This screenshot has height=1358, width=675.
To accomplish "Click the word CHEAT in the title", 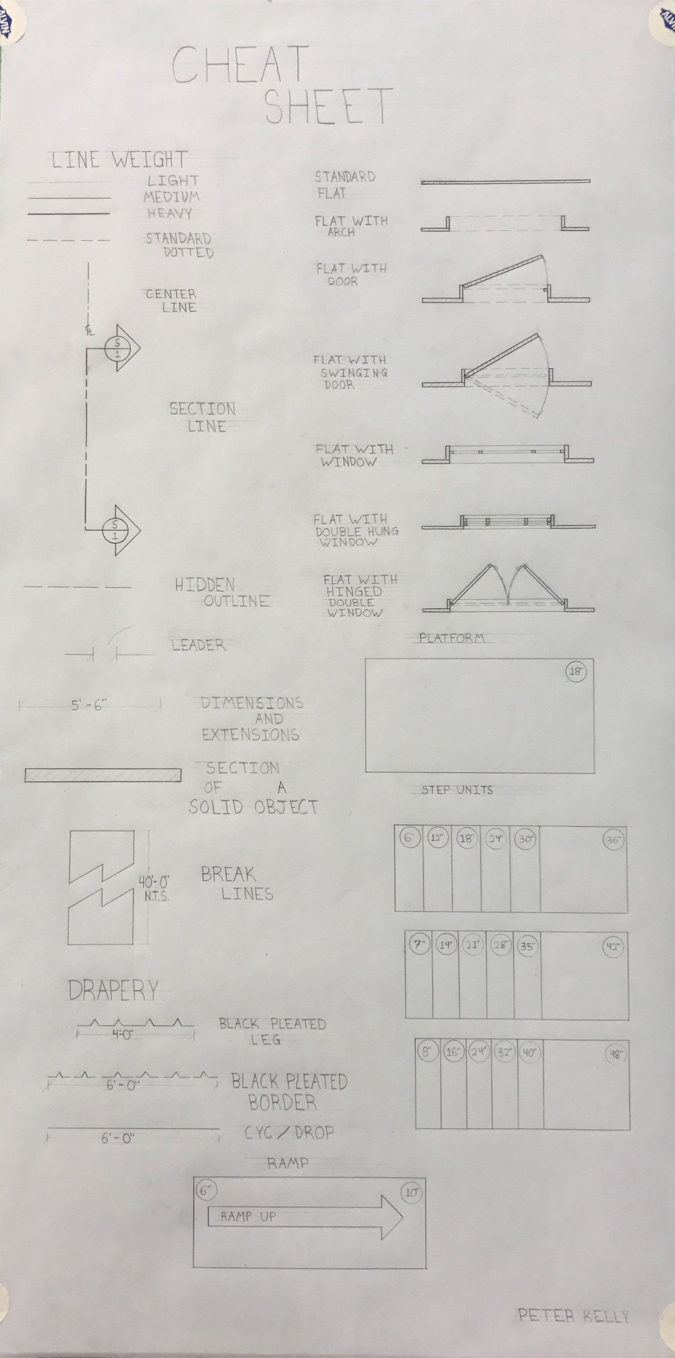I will tap(240, 64).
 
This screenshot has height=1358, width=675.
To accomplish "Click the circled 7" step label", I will tap(419, 944).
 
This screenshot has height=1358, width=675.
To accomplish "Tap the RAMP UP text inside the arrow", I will tap(248, 1216).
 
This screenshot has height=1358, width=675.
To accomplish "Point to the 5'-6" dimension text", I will tap(89, 705).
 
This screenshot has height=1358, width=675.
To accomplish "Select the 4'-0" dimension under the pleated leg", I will tap(122, 1034).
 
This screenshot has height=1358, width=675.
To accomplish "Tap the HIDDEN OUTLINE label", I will tap(222, 593).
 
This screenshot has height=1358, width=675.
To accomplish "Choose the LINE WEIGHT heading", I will tap(119, 160).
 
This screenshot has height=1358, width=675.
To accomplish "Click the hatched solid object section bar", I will tap(103, 775).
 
